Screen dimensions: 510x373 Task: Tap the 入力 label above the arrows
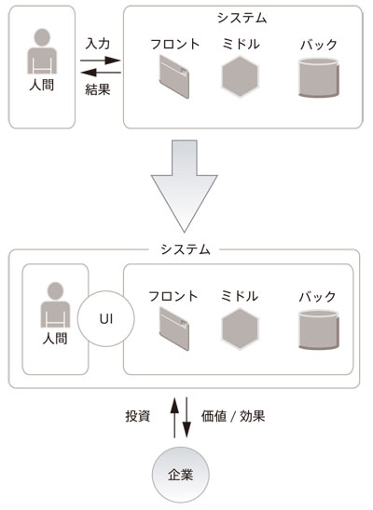point(98,44)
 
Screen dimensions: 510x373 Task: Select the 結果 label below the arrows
point(98,89)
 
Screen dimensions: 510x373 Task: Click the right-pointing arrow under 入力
point(101,61)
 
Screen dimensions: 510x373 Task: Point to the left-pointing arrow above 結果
point(101,73)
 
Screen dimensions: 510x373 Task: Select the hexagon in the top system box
point(240,76)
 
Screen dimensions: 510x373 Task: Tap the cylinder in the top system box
point(317,77)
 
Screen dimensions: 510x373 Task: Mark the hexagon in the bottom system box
point(240,329)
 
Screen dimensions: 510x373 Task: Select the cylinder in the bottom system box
point(317,329)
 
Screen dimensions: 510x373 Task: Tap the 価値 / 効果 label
point(233,416)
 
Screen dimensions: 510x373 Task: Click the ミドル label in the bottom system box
point(240,296)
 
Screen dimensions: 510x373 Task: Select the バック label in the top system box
point(318,45)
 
